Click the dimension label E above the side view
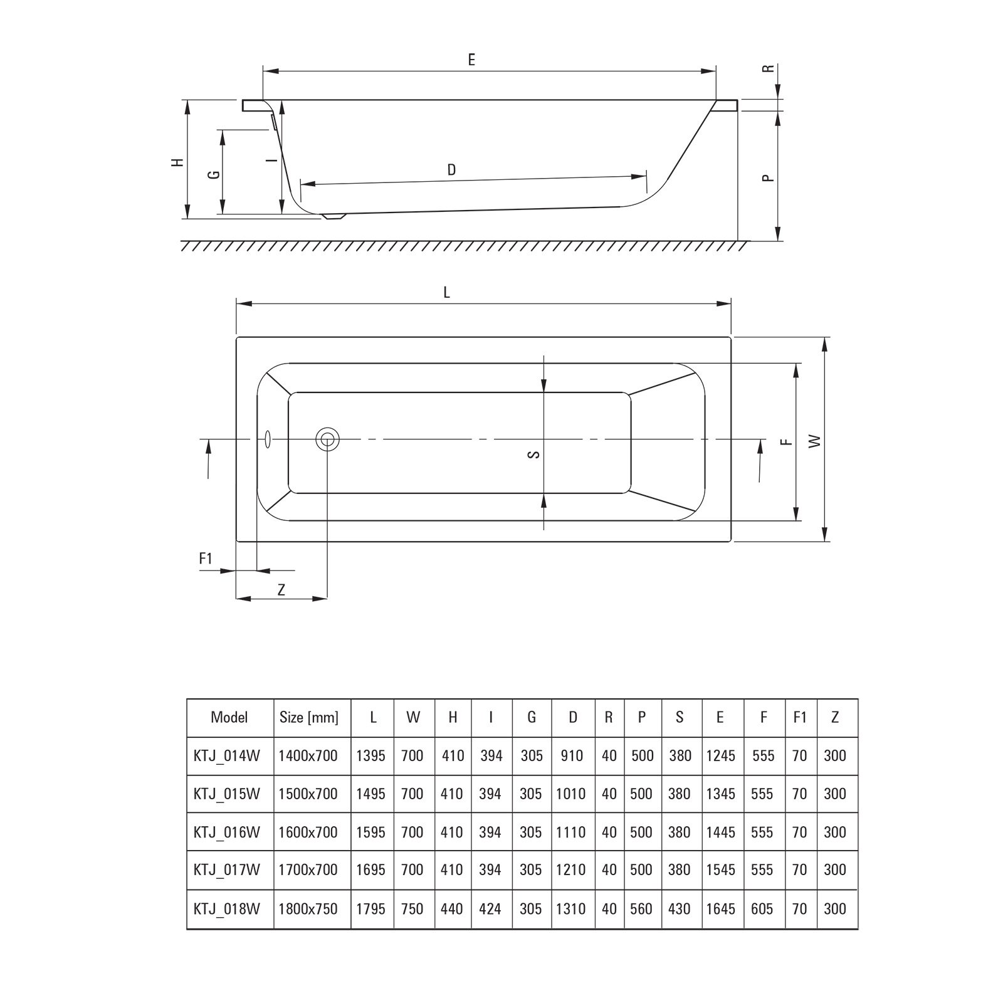(471, 60)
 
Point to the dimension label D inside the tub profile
(451, 169)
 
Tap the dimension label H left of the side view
(179, 162)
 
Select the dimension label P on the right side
(767, 177)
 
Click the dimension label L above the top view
(447, 292)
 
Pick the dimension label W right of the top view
(814, 441)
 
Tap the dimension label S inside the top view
(533, 454)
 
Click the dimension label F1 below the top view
(206, 558)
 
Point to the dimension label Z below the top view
(281, 589)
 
